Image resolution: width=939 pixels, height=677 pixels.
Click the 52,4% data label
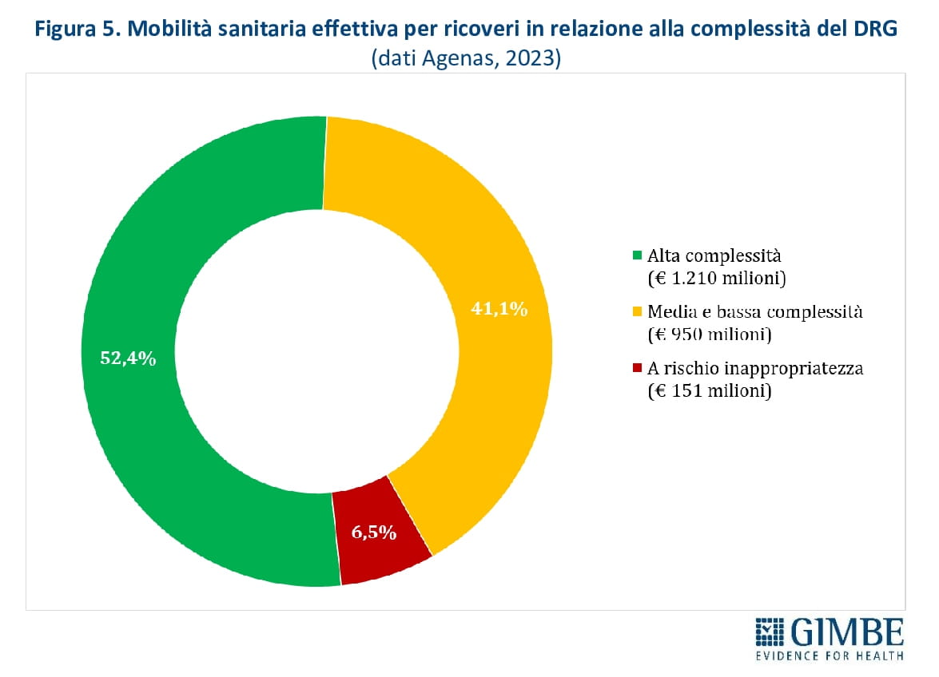[128, 358]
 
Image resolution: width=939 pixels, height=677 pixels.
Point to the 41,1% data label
[499, 309]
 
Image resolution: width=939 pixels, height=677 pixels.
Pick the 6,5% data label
[374, 532]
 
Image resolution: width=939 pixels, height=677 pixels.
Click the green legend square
[637, 256]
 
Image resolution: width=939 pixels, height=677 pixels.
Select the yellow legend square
[637, 312]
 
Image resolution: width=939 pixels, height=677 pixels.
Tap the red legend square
[637, 368]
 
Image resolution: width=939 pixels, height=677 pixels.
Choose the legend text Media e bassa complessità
[755, 312]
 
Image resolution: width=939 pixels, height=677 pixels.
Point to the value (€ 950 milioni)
[708, 335]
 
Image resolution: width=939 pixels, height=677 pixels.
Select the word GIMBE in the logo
[847, 633]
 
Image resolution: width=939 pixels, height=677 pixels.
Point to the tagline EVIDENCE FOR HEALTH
[830, 656]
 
